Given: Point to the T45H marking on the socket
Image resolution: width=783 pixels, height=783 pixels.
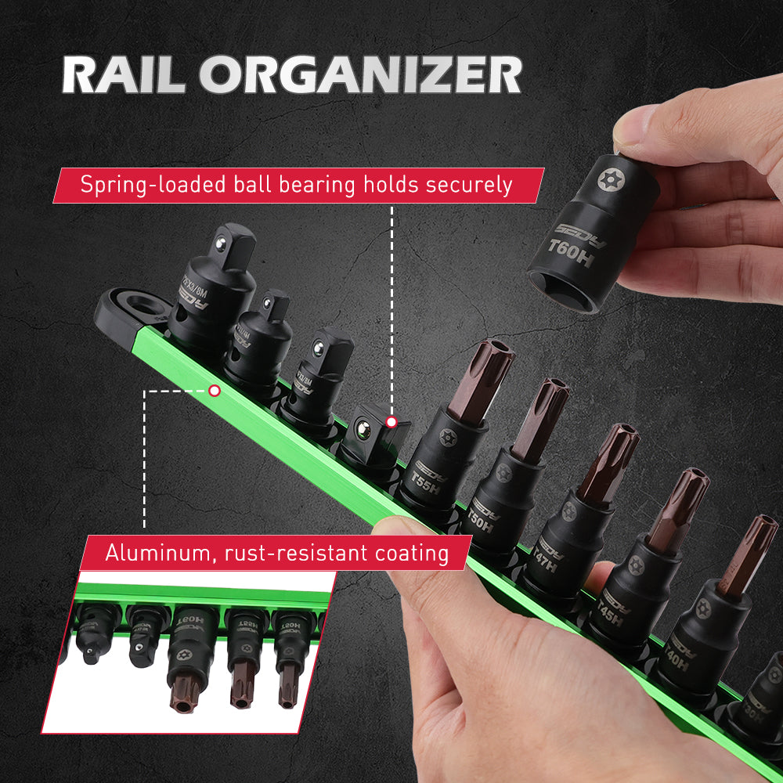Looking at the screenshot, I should point(608,616).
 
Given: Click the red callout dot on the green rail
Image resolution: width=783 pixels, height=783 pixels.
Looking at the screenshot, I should point(215,389).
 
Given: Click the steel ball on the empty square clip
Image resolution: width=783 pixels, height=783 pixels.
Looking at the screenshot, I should point(363,428).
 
